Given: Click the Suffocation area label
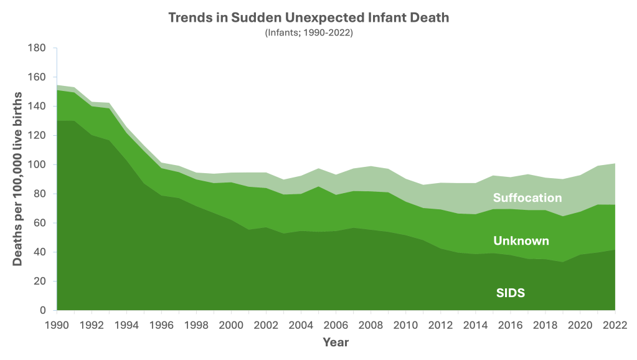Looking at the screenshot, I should pos(527,198).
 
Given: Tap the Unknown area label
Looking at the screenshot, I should pos(521,240).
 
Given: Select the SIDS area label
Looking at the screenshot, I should pos(511,292).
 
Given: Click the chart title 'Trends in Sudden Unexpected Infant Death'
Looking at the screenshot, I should pos(309,17).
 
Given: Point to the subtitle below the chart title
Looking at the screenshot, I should pos(309,32).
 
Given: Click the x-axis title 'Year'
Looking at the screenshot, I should pos(336,342).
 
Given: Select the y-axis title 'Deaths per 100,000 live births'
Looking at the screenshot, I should pos(19,179).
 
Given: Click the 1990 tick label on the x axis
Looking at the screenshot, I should pos(57,324).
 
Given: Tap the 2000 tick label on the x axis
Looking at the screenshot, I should pos(232,324).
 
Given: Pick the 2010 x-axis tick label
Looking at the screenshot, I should pos(406,324).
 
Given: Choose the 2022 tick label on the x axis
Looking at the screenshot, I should pos(615,324).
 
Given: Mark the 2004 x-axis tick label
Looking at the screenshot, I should pos(301,324).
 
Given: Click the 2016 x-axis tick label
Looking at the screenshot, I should pos(511,324).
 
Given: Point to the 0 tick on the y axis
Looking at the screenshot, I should pos(44,310).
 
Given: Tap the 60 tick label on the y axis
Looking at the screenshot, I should pos(41,223).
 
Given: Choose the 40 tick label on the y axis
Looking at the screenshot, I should pos(41,252).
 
